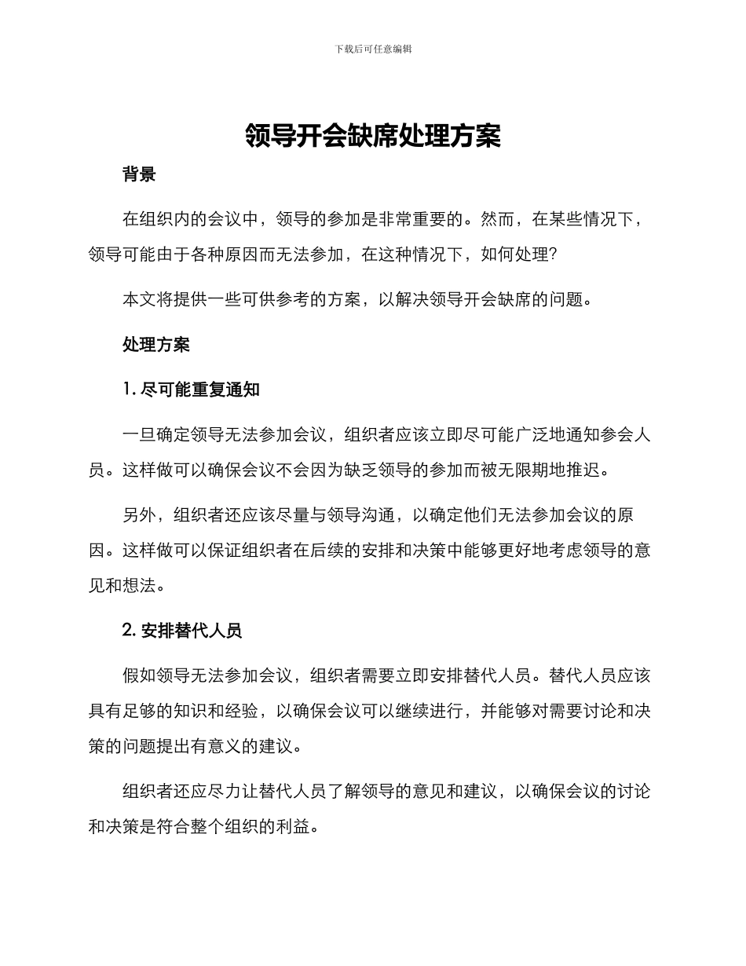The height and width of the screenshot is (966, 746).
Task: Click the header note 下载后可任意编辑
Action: (373, 49)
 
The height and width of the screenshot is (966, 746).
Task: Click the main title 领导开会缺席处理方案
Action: (373, 136)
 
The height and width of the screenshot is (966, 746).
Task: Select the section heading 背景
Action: (139, 174)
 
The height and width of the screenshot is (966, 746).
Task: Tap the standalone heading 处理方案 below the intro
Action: (155, 345)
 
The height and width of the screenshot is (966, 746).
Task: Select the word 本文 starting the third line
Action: (139, 299)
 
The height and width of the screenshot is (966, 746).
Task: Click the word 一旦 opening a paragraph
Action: (139, 435)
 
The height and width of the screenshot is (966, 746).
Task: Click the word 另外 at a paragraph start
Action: (139, 516)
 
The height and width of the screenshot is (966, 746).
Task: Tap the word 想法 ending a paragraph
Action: (149, 585)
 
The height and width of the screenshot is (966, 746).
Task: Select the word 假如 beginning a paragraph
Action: (139, 675)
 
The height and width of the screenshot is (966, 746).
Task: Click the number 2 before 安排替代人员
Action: (127, 630)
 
